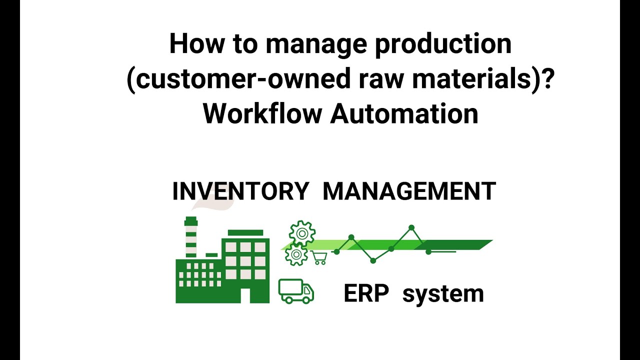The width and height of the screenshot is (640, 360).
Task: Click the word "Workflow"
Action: [x=262, y=113]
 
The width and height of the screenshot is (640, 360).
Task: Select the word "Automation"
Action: [x=404, y=113]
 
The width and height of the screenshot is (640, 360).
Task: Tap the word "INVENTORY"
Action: [x=240, y=191]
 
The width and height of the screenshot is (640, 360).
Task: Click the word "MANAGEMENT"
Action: [x=409, y=191]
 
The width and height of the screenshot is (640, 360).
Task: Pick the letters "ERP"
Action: [x=366, y=293]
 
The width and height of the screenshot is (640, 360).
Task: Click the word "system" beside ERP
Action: [x=443, y=294]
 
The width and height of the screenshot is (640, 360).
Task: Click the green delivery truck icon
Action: [x=296, y=291]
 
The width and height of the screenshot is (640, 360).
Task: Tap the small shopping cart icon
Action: [x=319, y=258]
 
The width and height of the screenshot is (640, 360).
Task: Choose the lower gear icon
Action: [x=295, y=255]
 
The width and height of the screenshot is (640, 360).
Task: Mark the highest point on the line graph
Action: [x=411, y=228]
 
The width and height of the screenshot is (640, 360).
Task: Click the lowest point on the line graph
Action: [x=373, y=260]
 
